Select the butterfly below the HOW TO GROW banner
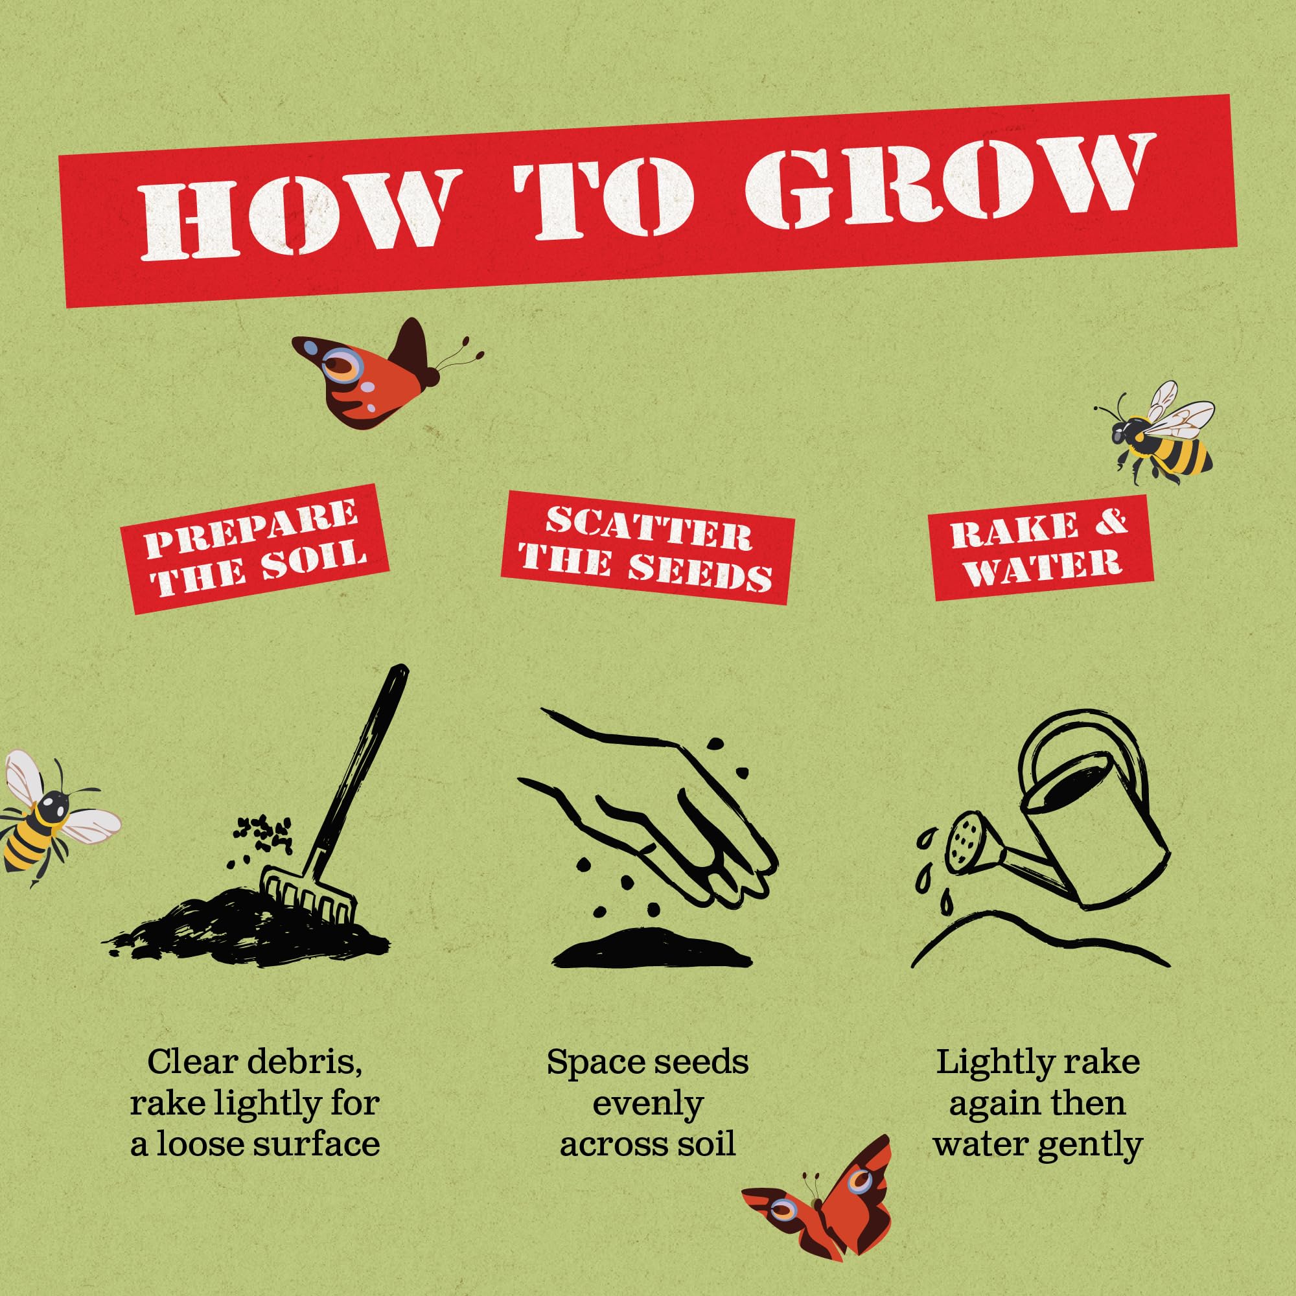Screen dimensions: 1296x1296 (x=382, y=373)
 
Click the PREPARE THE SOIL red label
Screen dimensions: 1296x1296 (x=255, y=549)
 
